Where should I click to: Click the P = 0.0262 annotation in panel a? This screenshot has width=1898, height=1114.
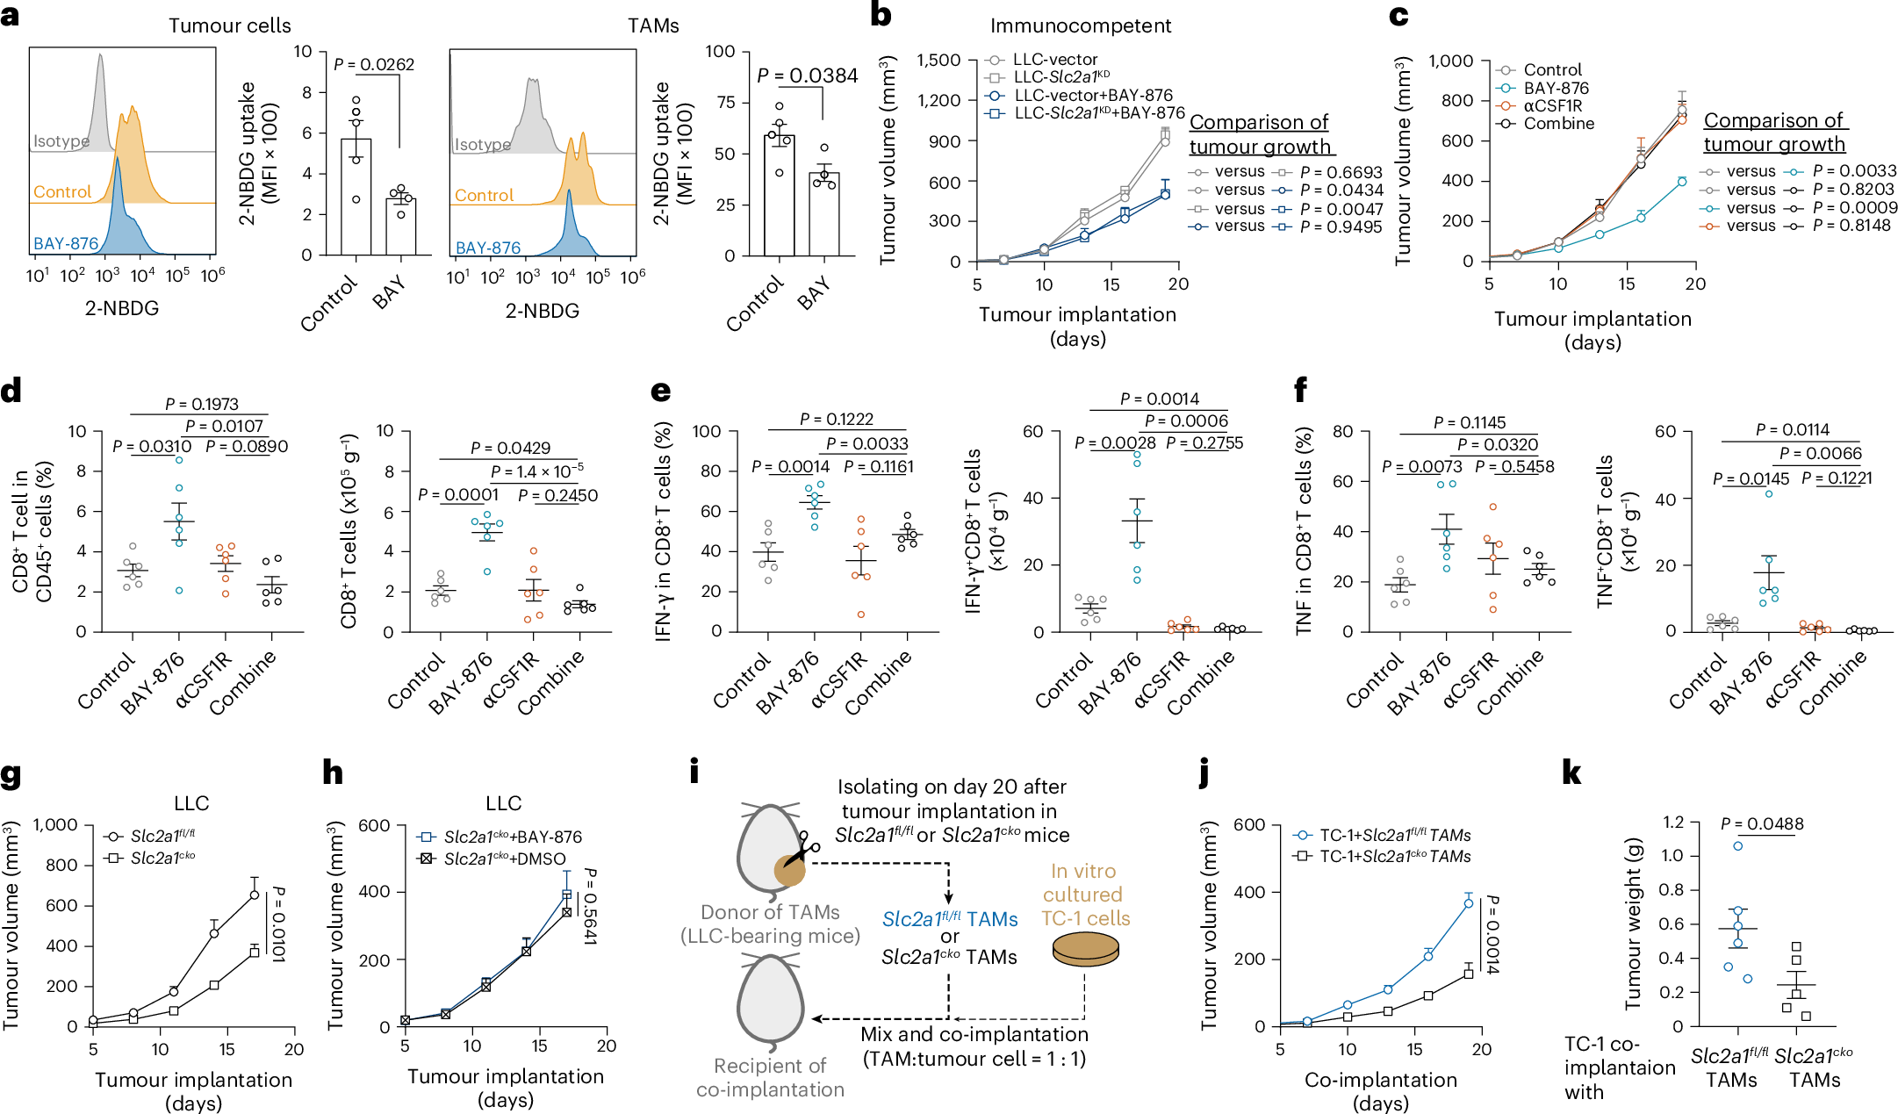pos(374,64)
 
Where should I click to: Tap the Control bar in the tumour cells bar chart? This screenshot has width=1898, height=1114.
pos(356,197)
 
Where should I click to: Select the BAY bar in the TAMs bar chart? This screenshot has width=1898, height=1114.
pos(823,213)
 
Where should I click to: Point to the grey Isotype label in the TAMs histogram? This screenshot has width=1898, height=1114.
pos(482,145)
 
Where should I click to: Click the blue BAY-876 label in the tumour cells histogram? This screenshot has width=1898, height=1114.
pos(66,244)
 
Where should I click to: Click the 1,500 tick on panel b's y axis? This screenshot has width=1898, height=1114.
pos(938,60)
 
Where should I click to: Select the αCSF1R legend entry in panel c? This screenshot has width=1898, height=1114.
pos(1552,105)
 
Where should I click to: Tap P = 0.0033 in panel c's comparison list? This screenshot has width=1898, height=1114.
pos(1854,171)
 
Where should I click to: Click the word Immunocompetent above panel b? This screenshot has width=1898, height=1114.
pos(1080,25)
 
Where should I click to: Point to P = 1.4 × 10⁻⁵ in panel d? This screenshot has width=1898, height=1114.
pos(536,471)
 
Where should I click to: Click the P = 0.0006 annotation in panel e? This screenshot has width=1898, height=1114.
pos(1186,421)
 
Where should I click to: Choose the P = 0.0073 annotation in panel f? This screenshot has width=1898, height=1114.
pos(1422,466)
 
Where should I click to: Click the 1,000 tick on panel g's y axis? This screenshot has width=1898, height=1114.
pos(55,824)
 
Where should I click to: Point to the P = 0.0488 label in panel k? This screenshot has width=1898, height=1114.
pos(1762,824)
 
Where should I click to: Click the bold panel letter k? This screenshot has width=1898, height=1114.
pos(1571,773)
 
